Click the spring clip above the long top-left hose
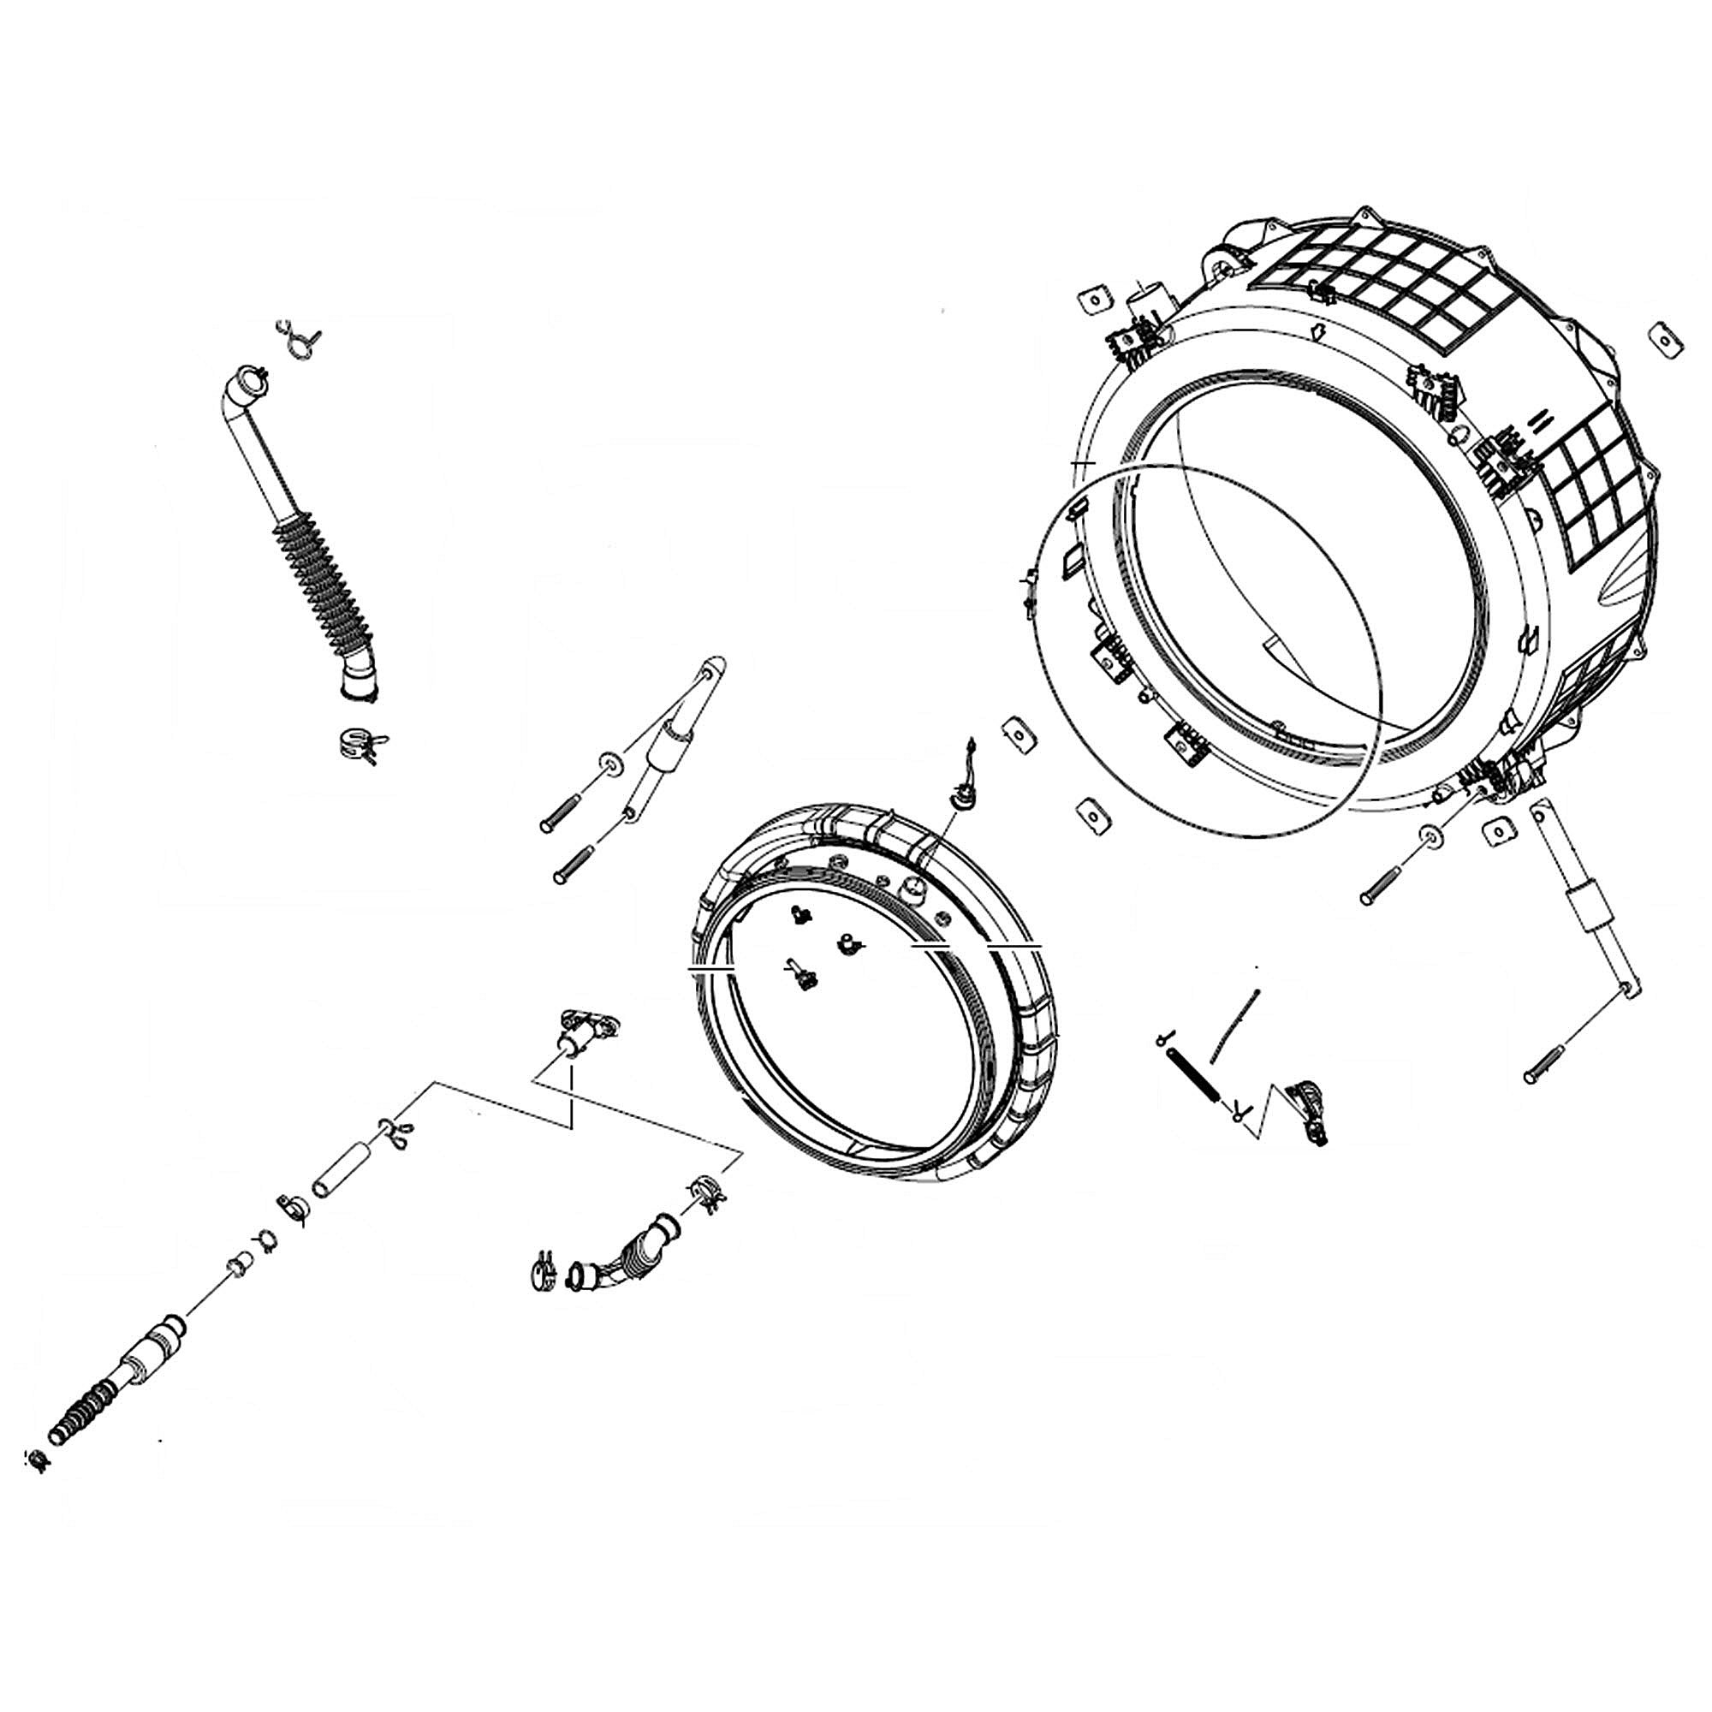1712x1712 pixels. [x=300, y=339]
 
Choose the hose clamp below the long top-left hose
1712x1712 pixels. [x=358, y=745]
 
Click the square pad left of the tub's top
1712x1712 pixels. [x=1097, y=300]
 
